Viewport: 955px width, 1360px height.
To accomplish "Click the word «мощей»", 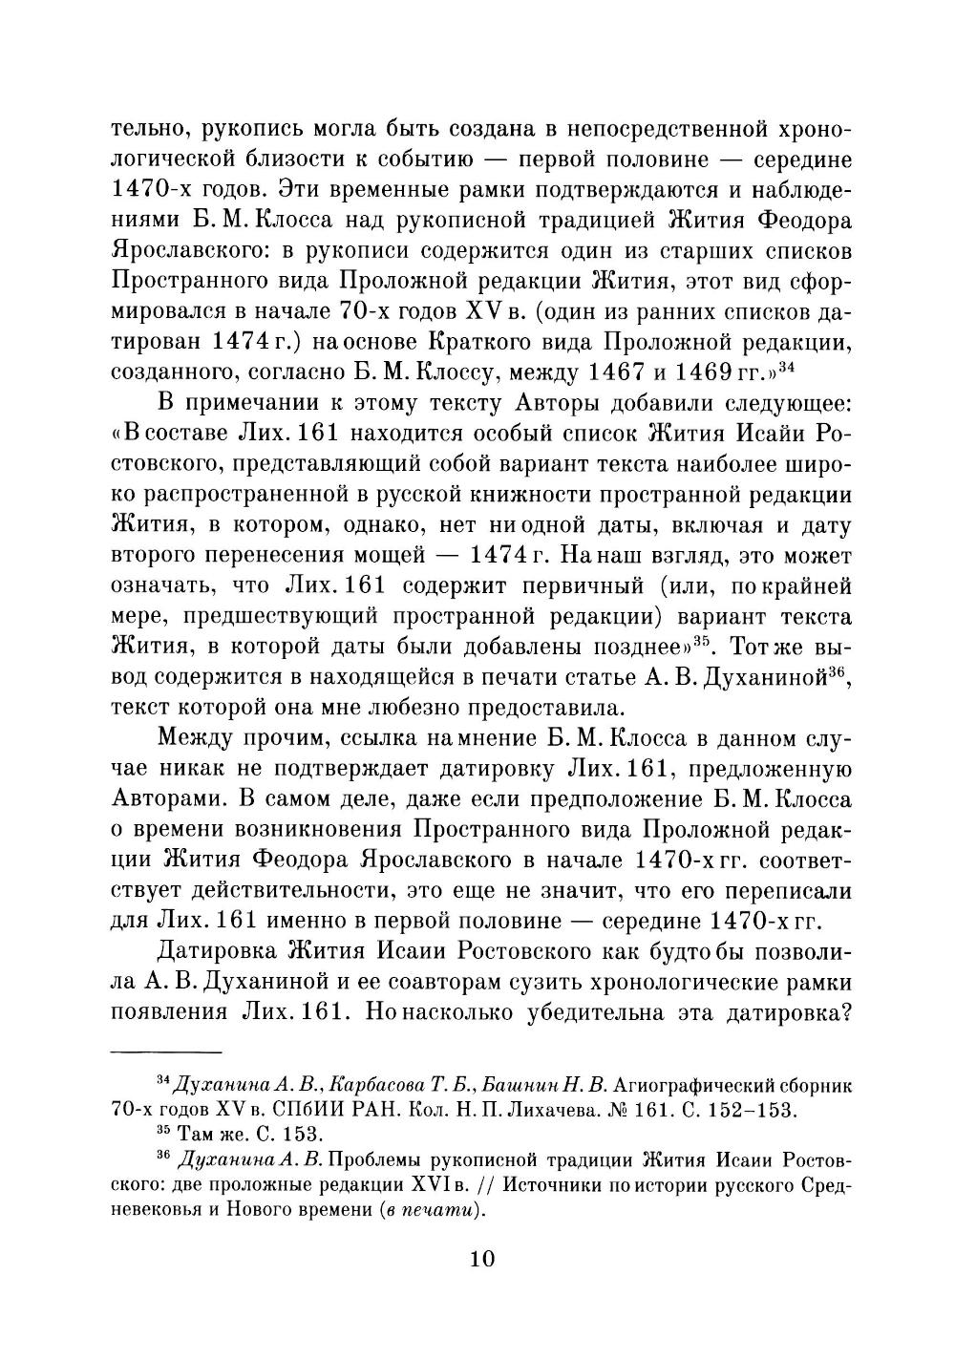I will pos(378,556).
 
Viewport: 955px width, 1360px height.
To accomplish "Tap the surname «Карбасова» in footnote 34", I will pos(375,1085).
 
